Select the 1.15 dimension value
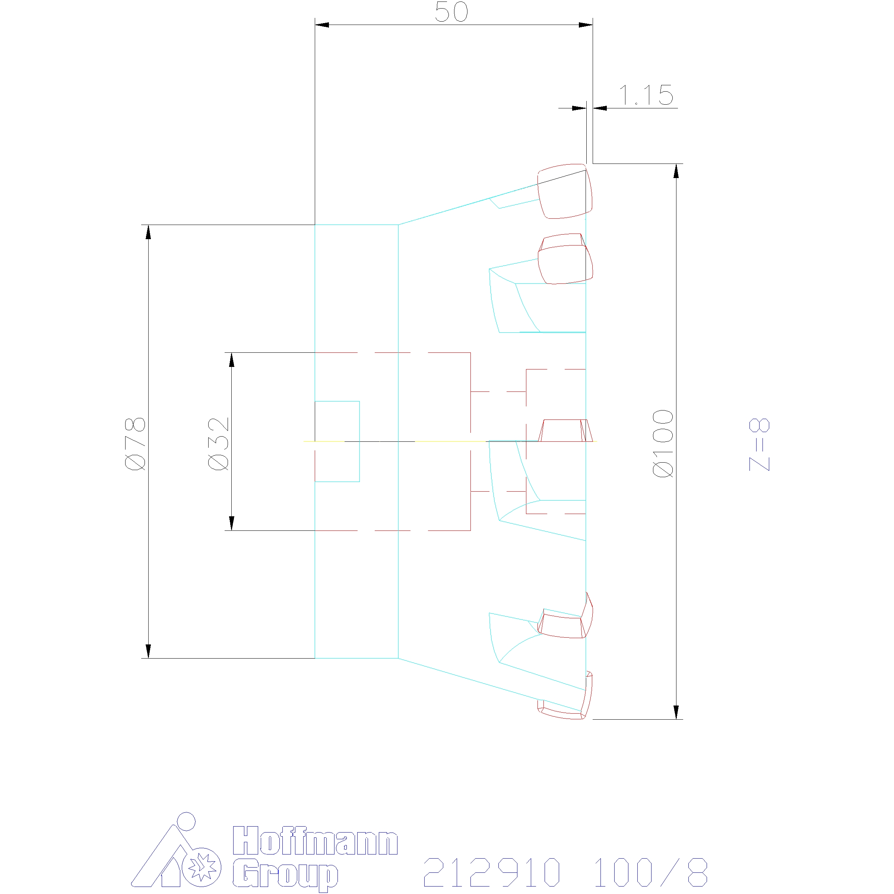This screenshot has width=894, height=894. click(646, 95)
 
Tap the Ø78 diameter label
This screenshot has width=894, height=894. click(135, 444)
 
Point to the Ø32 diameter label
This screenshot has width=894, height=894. click(218, 444)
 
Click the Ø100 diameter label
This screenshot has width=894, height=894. click(663, 443)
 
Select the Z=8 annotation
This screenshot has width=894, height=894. click(760, 445)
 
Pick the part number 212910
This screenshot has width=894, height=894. click(492, 872)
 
